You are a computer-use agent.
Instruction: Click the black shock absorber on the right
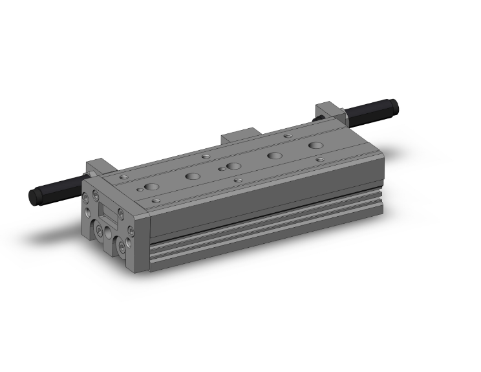point(372,111)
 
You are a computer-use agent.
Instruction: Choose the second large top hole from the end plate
point(192,175)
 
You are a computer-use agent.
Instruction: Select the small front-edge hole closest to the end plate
point(155,201)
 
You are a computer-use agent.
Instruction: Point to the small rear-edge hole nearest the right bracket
point(287,136)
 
